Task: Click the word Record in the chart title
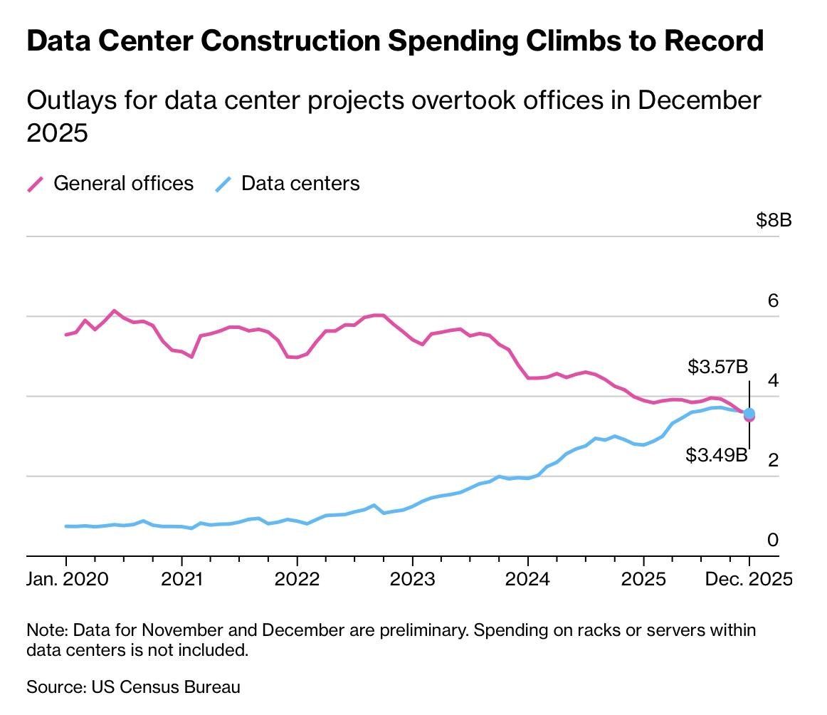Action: pos(714,41)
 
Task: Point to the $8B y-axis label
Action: pos(774,220)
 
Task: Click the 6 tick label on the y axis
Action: pos(773,301)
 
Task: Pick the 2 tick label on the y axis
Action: pos(773,460)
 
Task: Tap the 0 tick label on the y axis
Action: pos(773,540)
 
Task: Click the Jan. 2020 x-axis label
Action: pos(68,578)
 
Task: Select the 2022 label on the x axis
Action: pos(297,578)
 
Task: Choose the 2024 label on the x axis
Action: pos(527,578)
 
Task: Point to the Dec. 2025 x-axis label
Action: pos(748,578)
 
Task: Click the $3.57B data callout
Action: pos(717,367)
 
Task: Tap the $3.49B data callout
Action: pos(717,455)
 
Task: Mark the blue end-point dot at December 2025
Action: pos(749,413)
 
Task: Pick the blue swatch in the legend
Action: pos(223,184)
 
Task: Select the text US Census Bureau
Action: pos(165,687)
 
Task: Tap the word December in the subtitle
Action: pos(699,100)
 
